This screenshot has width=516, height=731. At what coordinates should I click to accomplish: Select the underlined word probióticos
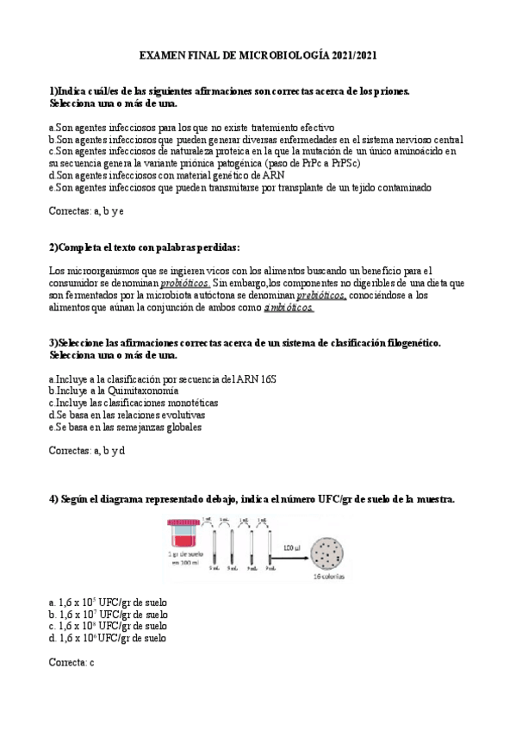click(185, 283)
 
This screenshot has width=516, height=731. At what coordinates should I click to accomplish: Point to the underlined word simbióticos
click(289, 307)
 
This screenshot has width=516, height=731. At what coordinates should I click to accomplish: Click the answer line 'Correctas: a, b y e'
click(87, 210)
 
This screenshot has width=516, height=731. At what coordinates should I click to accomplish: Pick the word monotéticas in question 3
click(190, 403)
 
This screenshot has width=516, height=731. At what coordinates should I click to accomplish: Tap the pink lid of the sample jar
click(183, 522)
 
